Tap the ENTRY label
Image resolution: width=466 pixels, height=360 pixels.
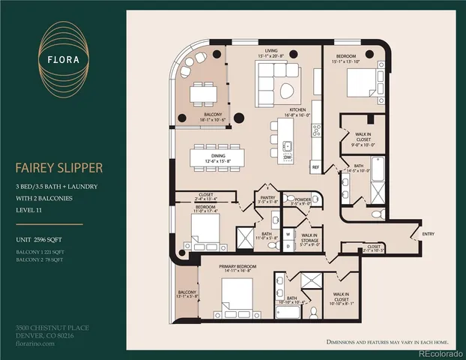(x=428, y=234)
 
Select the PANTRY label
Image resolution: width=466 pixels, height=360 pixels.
(x=267, y=197)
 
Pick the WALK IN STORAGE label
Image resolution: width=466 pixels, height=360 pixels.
(x=310, y=237)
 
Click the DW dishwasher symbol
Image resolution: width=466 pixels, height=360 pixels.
(x=288, y=158)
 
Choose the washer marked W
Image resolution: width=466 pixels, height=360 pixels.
(x=288, y=233)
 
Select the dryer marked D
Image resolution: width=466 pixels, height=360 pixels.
(x=288, y=245)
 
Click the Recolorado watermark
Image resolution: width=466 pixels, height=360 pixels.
(x=441, y=353)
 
